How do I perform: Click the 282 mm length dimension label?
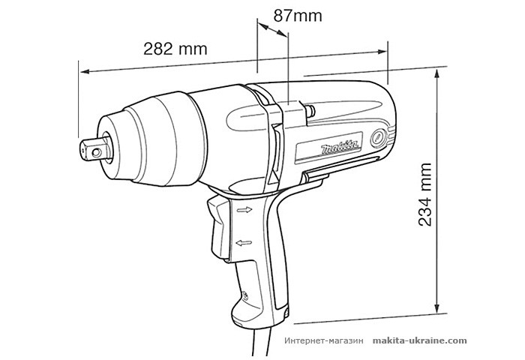coord(175,49)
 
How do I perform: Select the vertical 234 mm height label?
coord(426,193)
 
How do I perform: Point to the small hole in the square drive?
coord(95,148)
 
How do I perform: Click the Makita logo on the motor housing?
coord(341,146)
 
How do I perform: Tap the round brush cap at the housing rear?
coord(380,138)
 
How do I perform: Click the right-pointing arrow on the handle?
coord(244,211)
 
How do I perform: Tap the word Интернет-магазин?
coord(324,340)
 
